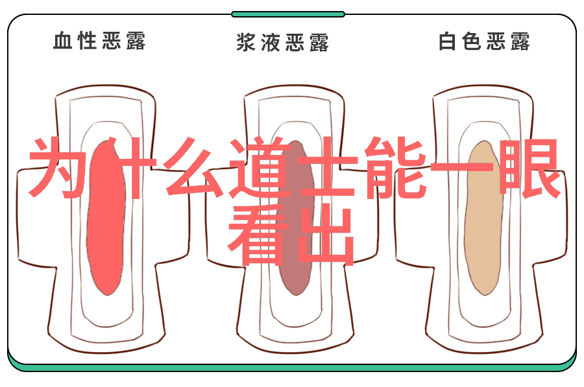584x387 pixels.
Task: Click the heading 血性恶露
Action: click(99, 41)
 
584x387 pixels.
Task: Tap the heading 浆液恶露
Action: click(283, 42)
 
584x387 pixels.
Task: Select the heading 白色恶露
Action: click(484, 41)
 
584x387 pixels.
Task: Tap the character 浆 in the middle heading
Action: click(246, 42)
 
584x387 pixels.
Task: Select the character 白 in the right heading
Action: click(447, 41)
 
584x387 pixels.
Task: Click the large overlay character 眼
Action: click(529, 168)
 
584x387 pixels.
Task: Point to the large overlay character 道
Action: click(259, 168)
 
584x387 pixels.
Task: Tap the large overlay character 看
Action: click(259, 235)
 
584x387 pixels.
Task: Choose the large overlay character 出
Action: click(325, 235)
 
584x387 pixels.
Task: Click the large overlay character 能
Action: click(395, 168)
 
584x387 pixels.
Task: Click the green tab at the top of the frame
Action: click(288, 14)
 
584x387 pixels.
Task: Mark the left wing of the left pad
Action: click(36, 218)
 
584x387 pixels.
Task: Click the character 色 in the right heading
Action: click(472, 41)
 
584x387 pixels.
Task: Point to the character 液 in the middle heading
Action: click(271, 42)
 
